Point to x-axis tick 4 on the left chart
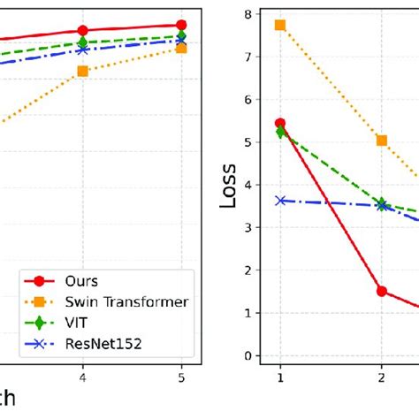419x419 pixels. coord(83,375)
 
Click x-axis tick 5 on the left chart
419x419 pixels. coord(181,375)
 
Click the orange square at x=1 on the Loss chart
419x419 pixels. coord(280,25)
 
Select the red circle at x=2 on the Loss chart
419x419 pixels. coord(382,291)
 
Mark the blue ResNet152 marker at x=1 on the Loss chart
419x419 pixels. coord(280,201)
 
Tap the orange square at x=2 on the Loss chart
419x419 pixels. coord(382,141)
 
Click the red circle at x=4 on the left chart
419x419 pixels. coord(83,31)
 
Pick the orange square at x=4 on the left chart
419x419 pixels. coord(83,71)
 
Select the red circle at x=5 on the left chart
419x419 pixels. coord(181,26)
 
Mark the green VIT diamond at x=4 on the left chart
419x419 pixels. coord(83,42)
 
